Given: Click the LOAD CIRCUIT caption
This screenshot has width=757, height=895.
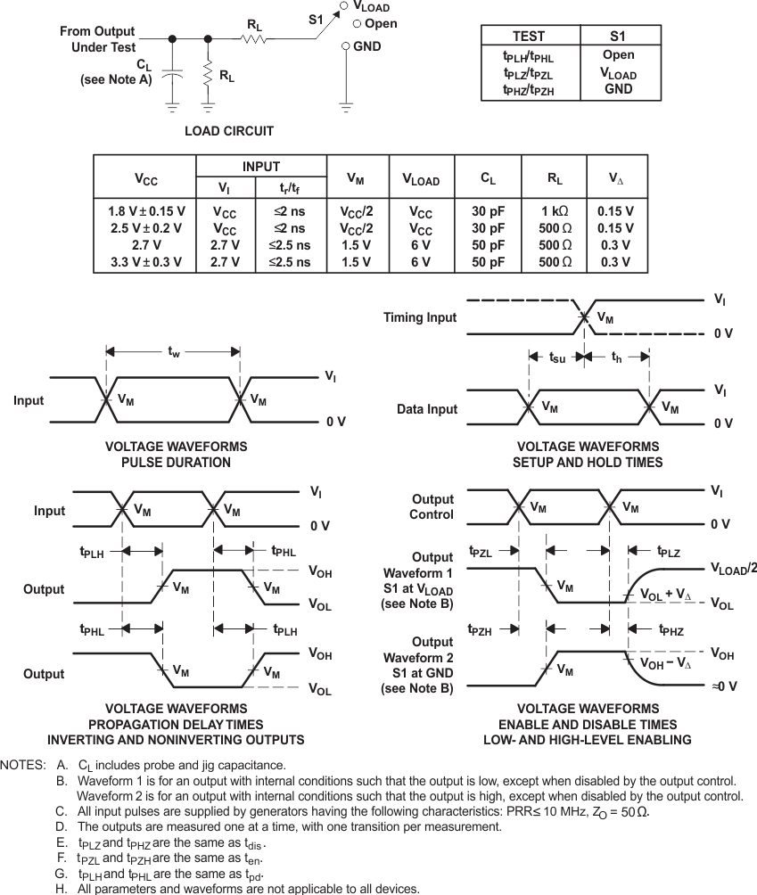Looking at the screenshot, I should pos(229,131).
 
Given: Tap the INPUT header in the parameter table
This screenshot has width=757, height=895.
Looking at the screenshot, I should pos(261,167).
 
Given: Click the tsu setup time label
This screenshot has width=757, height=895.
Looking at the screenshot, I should pos(557,358).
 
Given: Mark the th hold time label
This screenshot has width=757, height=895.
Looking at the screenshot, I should pos(616,358).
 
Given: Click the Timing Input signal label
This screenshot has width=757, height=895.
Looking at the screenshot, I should pos(420,317).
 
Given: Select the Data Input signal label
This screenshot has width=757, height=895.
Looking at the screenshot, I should pos(427,409).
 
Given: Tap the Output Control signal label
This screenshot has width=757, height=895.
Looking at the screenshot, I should pos(432,507).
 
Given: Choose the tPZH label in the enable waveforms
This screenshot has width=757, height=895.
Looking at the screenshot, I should pos(481,630).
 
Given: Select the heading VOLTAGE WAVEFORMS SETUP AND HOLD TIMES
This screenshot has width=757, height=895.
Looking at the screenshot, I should pos(588,455).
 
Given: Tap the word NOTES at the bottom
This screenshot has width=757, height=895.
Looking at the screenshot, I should pos(23,765).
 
